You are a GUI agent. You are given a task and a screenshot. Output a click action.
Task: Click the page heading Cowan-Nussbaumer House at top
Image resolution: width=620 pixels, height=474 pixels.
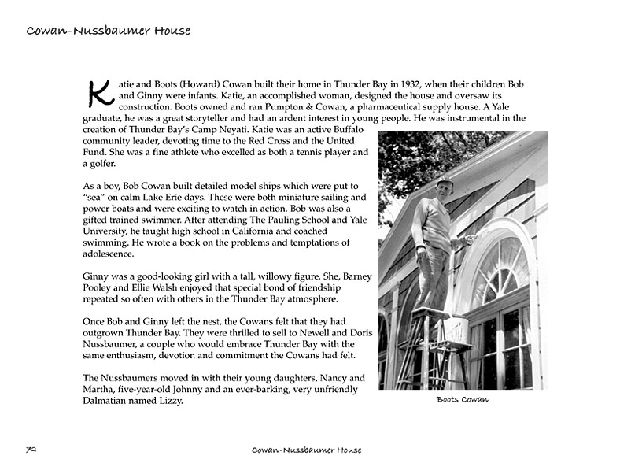[108, 31]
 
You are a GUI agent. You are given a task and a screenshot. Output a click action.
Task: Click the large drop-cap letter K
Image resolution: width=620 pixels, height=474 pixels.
[100, 92]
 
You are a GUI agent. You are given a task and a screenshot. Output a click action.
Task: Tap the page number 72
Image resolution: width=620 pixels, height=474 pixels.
[32, 450]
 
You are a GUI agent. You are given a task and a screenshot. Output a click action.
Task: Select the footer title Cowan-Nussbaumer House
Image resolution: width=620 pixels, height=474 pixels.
[306, 450]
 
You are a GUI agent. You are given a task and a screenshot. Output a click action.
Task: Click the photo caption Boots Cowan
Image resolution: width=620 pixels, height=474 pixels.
[462, 400]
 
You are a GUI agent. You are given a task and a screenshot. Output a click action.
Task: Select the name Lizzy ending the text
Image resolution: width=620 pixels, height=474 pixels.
[171, 401]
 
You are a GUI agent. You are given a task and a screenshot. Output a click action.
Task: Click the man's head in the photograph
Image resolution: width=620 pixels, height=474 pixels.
[445, 187]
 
